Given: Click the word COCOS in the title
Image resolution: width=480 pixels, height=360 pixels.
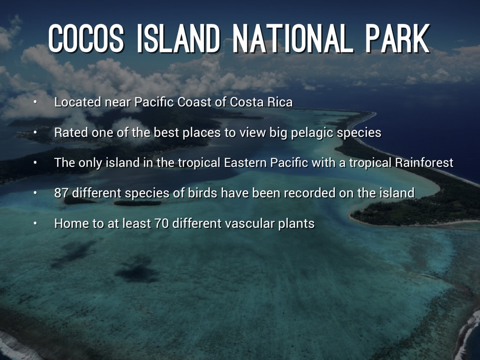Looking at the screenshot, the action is pyautogui.click(x=86, y=38).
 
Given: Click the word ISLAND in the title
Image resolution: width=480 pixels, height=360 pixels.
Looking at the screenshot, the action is pyautogui.click(x=178, y=38).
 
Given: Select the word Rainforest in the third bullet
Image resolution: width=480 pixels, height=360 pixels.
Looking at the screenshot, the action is pyautogui.click(x=424, y=163).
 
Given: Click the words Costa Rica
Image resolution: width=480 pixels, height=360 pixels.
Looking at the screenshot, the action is pyautogui.click(x=261, y=102).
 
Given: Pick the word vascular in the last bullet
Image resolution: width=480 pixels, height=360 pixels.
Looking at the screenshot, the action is pyautogui.click(x=249, y=224).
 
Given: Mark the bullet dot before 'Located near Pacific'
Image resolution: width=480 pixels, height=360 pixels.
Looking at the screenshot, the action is pyautogui.click(x=36, y=102).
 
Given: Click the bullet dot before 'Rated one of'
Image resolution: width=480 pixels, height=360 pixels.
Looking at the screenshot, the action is pyautogui.click(x=36, y=133).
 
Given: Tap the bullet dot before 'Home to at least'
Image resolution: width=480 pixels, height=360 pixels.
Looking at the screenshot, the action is pyautogui.click(x=36, y=224).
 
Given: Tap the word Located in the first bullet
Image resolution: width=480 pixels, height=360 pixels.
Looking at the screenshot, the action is pyautogui.click(x=77, y=102).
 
